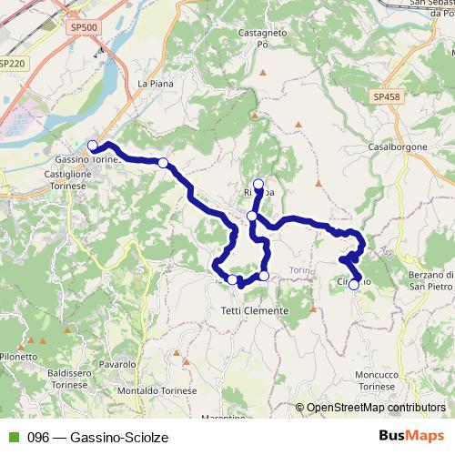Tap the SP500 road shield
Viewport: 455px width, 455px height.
[x=83, y=27]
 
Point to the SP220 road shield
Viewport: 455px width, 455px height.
[x=12, y=64]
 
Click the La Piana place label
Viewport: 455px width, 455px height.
[x=155, y=83]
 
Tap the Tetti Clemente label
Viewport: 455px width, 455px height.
[x=255, y=310]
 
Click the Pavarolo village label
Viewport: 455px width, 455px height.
[x=118, y=364]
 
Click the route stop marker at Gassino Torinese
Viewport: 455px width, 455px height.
[x=92, y=146]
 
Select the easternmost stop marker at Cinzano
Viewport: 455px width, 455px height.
[x=353, y=284]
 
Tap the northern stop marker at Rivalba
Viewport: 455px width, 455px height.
[x=258, y=183]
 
